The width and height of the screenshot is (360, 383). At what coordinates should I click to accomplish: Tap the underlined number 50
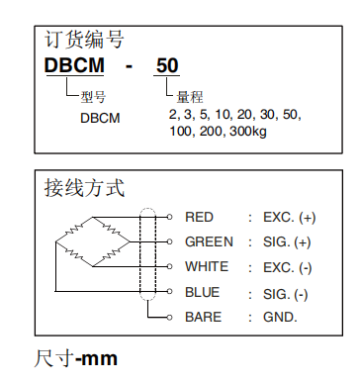click(167, 66)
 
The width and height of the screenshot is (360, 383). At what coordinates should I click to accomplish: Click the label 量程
click(190, 97)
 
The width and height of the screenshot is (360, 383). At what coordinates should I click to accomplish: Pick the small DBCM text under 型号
click(100, 117)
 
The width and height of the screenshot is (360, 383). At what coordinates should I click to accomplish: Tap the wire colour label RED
click(199, 217)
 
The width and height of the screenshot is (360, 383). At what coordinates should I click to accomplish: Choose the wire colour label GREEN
click(209, 241)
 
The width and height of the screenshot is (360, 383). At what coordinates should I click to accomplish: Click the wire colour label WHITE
click(207, 267)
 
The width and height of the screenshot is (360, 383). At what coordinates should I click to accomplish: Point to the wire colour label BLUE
click(202, 293)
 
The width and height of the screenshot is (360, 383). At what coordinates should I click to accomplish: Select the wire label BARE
click(203, 318)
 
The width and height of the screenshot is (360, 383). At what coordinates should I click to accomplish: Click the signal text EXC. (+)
click(289, 217)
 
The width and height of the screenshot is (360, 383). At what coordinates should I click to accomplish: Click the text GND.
click(281, 318)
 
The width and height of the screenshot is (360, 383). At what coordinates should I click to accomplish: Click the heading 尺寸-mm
click(76, 357)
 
